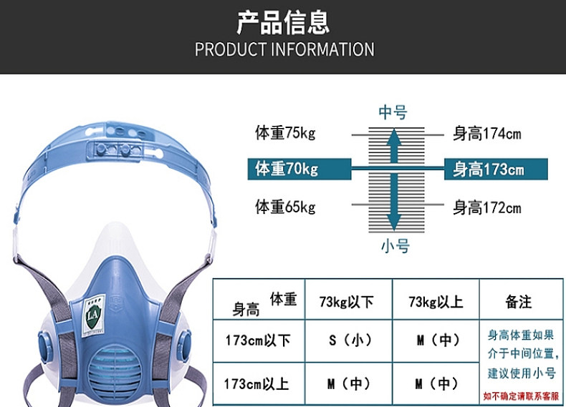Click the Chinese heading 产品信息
click(x=283, y=21)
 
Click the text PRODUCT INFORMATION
click(x=284, y=49)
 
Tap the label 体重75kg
click(x=285, y=133)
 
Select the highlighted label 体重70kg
click(x=287, y=170)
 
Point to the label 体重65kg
click(x=285, y=207)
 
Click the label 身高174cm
click(x=486, y=133)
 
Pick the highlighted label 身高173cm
click(x=488, y=170)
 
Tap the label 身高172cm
click(x=486, y=208)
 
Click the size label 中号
click(x=393, y=112)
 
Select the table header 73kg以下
click(x=347, y=302)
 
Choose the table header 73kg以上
click(x=435, y=302)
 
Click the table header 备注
click(x=518, y=302)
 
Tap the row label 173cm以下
click(x=256, y=340)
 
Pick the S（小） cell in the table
click(x=350, y=340)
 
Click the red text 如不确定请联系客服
click(x=520, y=396)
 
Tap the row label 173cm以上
click(x=256, y=383)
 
